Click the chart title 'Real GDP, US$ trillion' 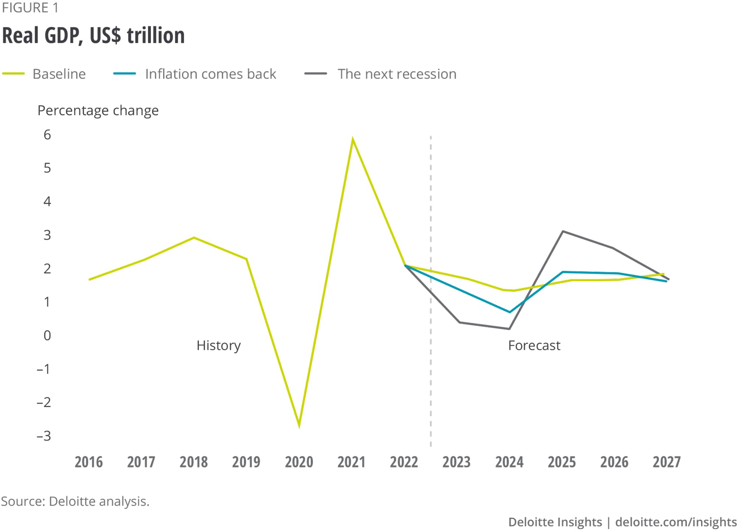93,36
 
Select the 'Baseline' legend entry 59,74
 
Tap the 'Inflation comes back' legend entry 210,74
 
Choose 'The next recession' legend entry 397,74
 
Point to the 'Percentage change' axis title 98,111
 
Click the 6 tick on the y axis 47,135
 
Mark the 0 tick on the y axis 47,336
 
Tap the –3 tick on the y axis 44,436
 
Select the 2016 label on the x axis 89,462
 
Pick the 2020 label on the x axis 299,462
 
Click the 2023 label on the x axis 456,462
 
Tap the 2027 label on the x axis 666,462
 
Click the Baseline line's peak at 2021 353,140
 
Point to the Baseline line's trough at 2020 299,426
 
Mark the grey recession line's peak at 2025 562,231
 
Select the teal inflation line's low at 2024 510,312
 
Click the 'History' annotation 218,346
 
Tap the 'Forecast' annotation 534,346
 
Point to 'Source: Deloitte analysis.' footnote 75,501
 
